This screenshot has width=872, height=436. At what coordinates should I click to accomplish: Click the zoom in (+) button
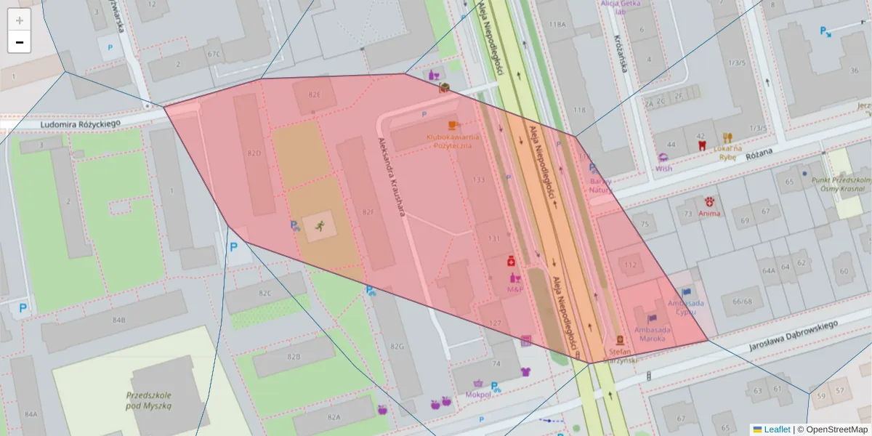(20, 20)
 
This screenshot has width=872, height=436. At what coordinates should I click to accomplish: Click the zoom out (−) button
(20, 42)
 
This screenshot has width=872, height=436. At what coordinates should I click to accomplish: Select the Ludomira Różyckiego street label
(80, 124)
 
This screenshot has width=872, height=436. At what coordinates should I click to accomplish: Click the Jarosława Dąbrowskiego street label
(794, 336)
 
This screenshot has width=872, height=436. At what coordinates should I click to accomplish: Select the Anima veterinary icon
(709, 201)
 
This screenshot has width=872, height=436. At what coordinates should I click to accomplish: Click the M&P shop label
(514, 289)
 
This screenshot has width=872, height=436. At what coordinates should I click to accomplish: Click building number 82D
(254, 153)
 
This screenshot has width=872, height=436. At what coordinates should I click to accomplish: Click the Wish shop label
(663, 168)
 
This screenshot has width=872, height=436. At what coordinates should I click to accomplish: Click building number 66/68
(742, 301)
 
